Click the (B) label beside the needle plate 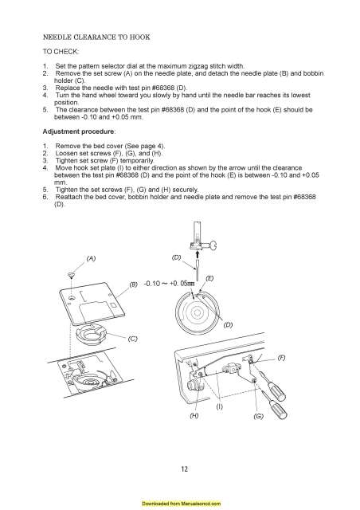(x=134, y=284)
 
